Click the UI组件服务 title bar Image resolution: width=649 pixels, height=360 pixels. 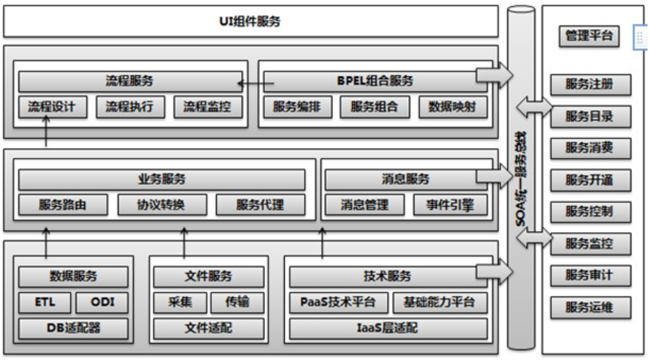(251, 22)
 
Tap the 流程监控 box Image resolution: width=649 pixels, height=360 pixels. (208, 108)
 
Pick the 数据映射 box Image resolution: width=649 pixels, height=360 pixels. (452, 108)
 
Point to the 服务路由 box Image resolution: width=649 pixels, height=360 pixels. (63, 205)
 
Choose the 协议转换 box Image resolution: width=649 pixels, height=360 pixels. (162, 205)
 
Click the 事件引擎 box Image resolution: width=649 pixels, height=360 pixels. (450, 205)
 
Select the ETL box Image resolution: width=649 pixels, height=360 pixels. (45, 303)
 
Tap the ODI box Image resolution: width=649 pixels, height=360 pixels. (102, 303)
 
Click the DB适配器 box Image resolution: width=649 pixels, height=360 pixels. (74, 328)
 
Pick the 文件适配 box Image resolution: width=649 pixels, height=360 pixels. (208, 328)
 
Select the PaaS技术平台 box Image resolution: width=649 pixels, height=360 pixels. (339, 303)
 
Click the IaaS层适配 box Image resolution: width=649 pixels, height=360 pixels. (388, 328)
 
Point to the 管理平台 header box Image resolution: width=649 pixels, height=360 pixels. (587, 37)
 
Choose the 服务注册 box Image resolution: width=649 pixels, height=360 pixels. (589, 84)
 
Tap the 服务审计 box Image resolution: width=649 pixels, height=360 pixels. (589, 276)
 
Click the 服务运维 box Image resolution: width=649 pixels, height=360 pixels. (589, 308)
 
